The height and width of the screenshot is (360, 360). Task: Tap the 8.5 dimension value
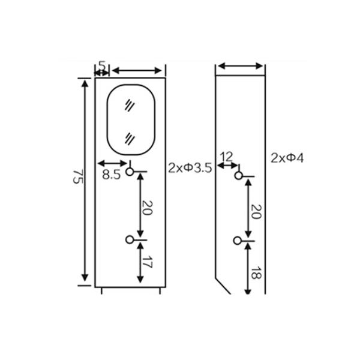coord(111,175)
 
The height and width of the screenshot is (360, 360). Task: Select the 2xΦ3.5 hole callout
coord(190,168)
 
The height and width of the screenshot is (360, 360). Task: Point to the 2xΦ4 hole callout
coord(287,158)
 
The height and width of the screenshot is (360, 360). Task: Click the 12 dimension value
coord(226,156)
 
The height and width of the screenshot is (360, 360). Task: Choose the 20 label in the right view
coord(255,211)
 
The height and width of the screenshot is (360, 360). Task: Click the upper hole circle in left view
coord(130,173)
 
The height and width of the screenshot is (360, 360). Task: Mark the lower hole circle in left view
coord(130,240)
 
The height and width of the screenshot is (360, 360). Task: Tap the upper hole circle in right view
coord(238,176)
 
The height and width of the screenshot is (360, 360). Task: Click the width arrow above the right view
coord(240,66)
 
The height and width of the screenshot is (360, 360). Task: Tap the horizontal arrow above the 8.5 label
coord(112,163)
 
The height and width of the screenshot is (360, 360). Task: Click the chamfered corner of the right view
coord(223,286)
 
